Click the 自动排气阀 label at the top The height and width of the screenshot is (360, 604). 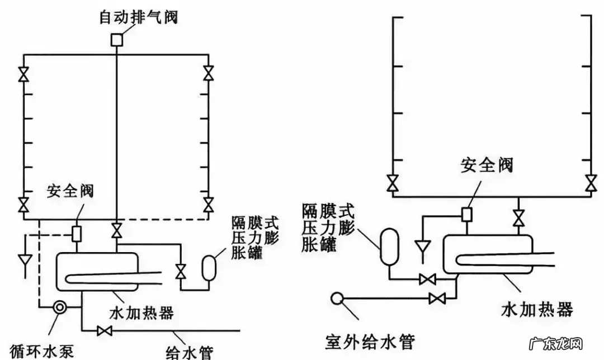pos(138,17)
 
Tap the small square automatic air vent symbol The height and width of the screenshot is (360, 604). pos(116,40)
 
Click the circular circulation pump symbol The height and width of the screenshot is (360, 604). pos(59,307)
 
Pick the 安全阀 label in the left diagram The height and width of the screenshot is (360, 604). pos(70,191)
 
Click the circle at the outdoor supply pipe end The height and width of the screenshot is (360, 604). pos(337,299)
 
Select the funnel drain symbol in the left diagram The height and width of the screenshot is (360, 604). pos(24,260)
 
